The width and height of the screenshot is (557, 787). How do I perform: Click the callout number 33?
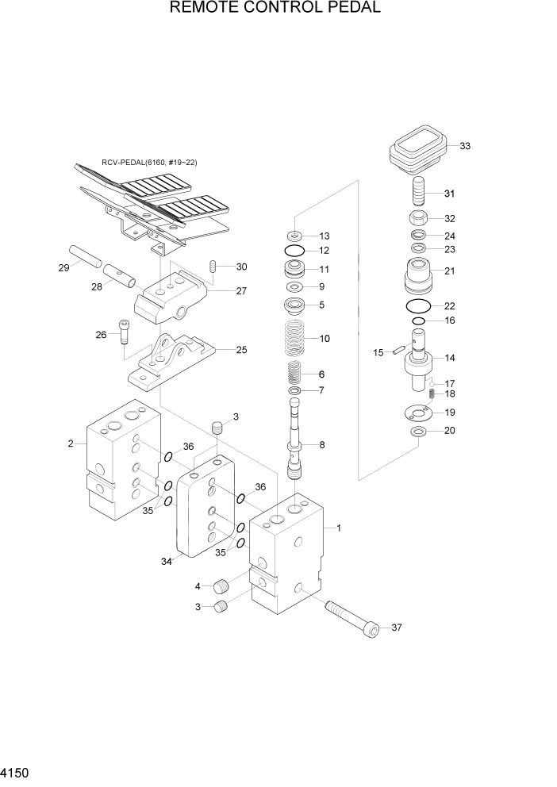point(465,146)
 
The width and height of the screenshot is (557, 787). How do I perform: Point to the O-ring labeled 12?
point(294,251)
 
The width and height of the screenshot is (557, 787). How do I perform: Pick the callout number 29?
point(63,268)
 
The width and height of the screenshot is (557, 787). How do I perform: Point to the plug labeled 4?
point(223,588)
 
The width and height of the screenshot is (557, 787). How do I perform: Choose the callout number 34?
point(167,562)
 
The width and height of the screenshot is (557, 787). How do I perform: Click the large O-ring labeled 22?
point(418,307)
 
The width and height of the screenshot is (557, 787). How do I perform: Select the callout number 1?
point(339,528)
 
